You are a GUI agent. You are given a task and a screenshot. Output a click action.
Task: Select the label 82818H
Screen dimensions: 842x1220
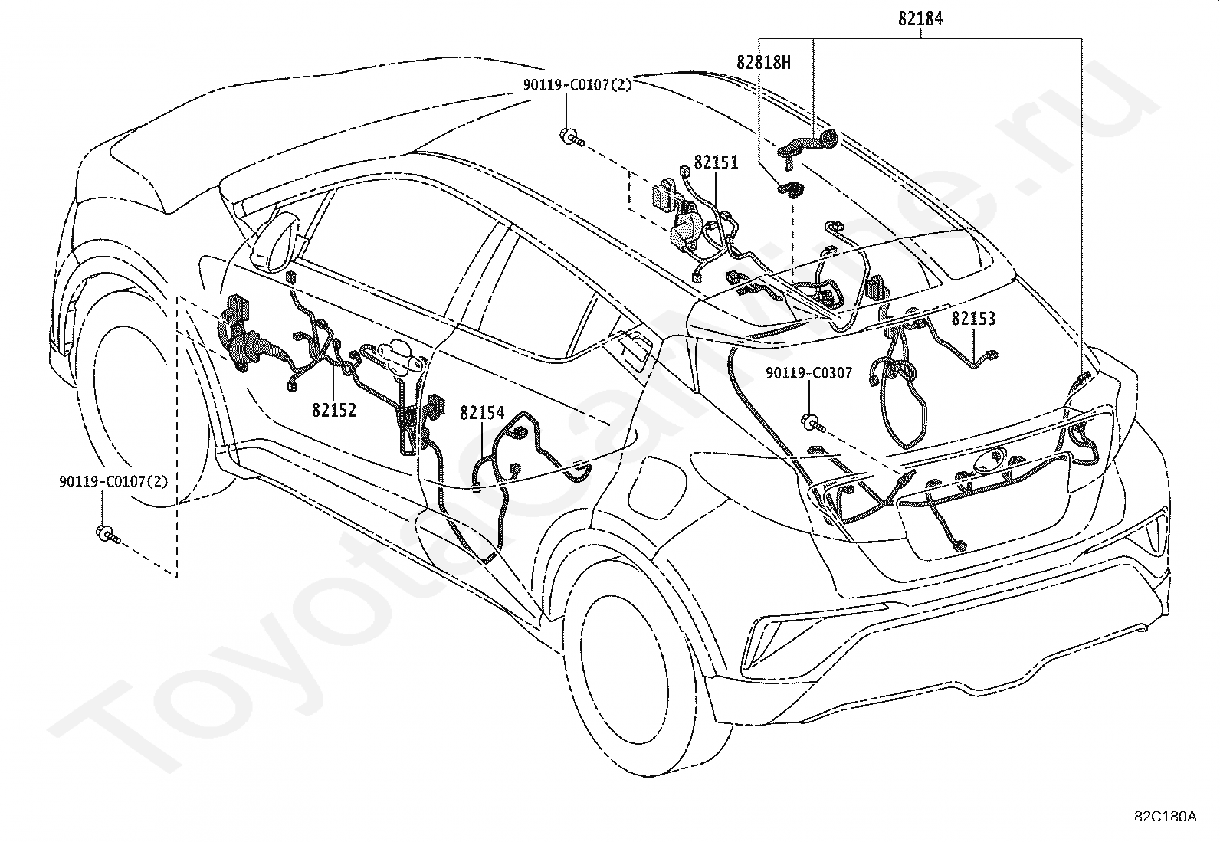tap(763, 63)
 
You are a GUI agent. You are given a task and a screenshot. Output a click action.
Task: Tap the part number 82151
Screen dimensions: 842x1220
tap(716, 162)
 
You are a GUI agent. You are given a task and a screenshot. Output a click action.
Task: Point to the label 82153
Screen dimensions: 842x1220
tap(973, 319)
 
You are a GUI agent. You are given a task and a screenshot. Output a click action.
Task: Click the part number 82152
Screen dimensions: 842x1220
tap(334, 410)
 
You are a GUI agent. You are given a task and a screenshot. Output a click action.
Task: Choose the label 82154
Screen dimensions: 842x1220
tap(482, 413)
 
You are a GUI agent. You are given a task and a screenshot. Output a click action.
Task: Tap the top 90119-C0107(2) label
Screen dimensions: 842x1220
tap(578, 86)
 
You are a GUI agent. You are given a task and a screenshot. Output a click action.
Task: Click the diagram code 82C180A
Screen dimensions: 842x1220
tap(1165, 816)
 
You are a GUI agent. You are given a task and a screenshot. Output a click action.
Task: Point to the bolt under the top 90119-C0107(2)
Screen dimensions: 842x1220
tap(572, 139)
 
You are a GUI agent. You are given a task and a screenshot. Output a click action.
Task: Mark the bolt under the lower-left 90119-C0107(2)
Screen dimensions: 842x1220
tap(107, 534)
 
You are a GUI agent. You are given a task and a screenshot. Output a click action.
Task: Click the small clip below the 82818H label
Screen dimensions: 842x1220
tap(789, 188)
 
